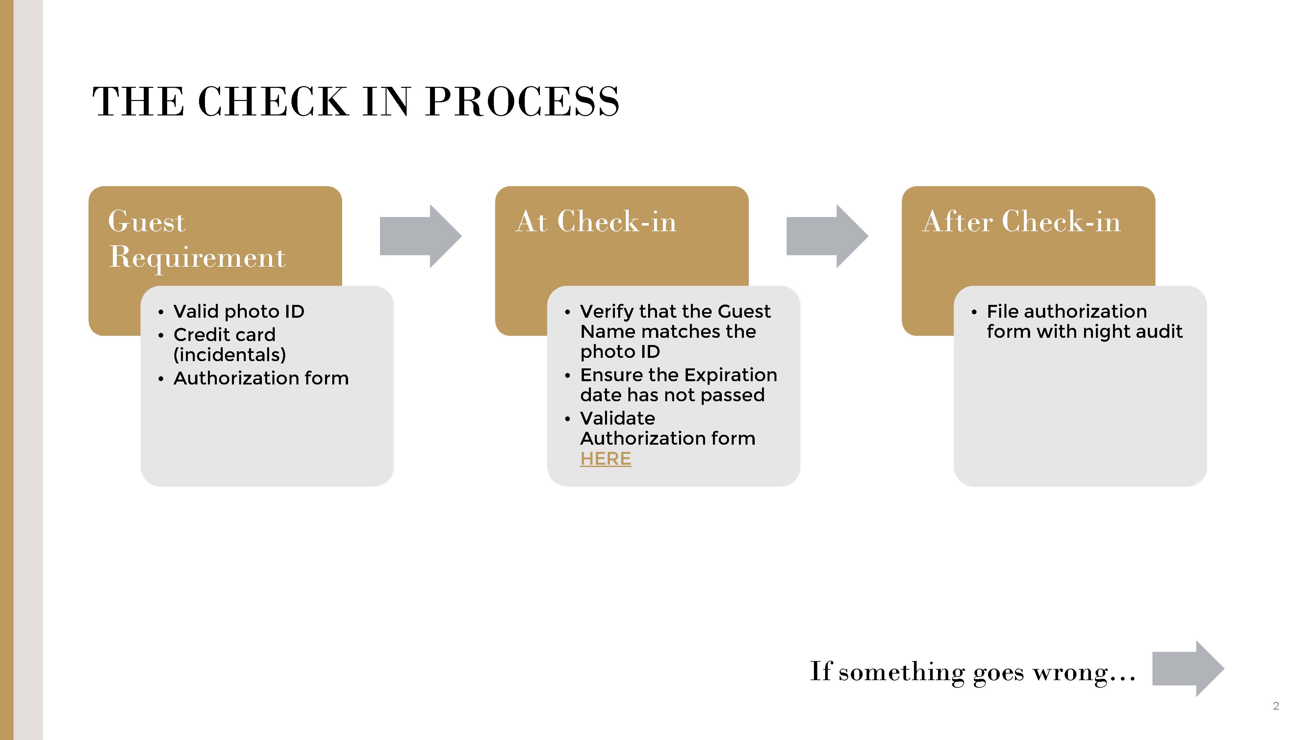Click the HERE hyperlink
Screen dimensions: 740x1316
click(605, 458)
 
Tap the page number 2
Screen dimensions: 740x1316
click(1276, 706)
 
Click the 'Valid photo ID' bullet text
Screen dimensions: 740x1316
click(239, 311)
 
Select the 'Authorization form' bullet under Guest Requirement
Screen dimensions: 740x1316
click(261, 378)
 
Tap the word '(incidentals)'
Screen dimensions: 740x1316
click(229, 355)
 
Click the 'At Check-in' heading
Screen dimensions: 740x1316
click(596, 222)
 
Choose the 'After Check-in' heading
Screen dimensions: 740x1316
click(1021, 222)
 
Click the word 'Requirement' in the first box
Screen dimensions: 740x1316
click(197, 257)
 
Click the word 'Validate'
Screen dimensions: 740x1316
click(617, 418)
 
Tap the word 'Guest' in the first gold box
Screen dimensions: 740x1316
click(147, 222)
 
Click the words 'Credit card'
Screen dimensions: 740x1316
click(224, 334)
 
